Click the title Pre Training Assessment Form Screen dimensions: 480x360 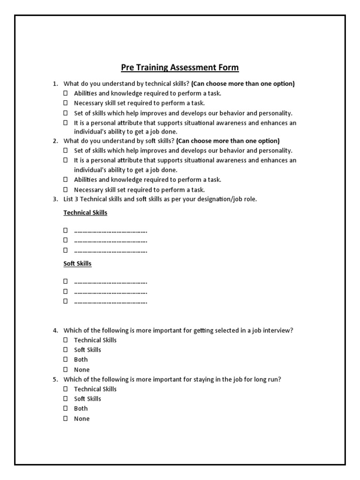click(x=180, y=67)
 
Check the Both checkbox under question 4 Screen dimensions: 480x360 click(x=66, y=360)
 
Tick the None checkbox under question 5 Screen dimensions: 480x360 click(x=66, y=419)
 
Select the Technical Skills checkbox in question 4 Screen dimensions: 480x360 click(x=66, y=340)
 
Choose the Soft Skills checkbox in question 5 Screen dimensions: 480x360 click(x=66, y=399)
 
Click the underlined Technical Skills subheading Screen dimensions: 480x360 click(x=85, y=213)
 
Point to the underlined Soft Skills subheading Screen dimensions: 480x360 click(x=77, y=264)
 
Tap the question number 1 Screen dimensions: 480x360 click(x=55, y=84)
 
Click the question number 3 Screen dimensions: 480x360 click(x=55, y=199)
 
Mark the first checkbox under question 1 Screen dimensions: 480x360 click(x=66, y=93)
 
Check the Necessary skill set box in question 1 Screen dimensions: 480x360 click(x=66, y=103)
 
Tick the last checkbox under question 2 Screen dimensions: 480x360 click(x=66, y=190)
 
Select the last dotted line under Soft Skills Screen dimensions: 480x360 click(x=111, y=301)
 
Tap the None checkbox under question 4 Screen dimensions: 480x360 click(x=66, y=370)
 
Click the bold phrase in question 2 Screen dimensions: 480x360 click(x=228, y=141)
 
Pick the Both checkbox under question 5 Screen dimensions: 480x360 click(x=66, y=409)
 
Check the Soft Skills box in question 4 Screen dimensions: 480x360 click(x=66, y=350)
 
